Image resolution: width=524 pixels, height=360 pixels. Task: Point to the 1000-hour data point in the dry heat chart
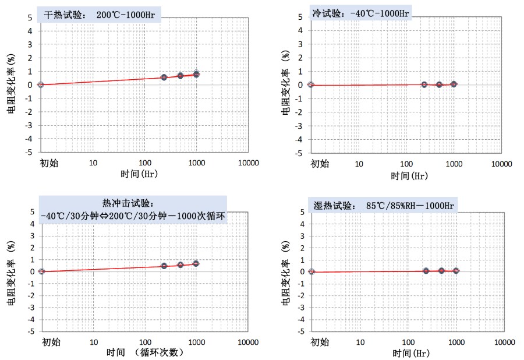pos(197,74)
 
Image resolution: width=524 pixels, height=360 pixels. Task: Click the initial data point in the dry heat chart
pos(41,84)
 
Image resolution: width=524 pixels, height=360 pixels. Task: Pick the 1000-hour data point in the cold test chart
pos(454,84)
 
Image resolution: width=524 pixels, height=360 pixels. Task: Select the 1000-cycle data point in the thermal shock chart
pos(196,263)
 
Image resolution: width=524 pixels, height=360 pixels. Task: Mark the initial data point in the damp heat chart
pos(311,271)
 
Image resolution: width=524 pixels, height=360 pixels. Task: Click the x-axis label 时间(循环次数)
pos(146,352)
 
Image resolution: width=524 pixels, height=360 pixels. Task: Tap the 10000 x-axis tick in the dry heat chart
pos(249,163)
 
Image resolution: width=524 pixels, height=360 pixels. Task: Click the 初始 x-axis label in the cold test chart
pos(320,164)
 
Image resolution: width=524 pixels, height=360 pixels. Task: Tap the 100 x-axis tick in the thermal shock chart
pos(144,342)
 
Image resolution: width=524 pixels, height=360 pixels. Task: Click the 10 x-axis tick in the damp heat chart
pos(360,342)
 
